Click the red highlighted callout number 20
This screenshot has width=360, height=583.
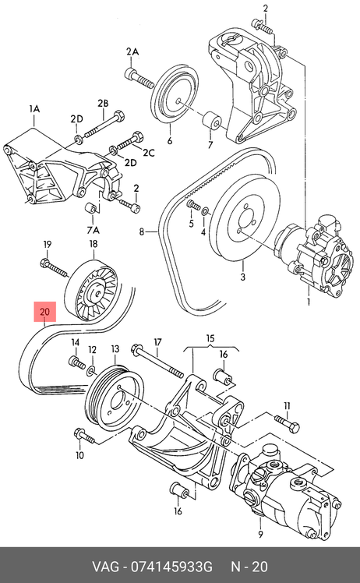(x=44, y=311)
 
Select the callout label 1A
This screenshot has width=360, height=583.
(x=34, y=109)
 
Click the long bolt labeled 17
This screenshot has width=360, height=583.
(x=157, y=362)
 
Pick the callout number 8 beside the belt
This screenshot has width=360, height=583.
(x=142, y=232)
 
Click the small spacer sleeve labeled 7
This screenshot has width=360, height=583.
(x=212, y=120)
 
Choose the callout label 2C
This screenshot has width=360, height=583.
(x=149, y=153)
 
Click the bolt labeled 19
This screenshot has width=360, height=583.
(x=54, y=268)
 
